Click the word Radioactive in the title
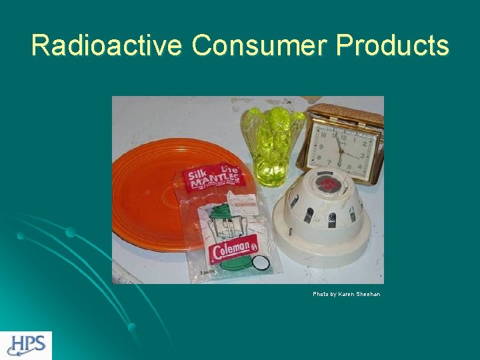(107, 45)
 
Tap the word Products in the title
(393, 45)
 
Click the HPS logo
(26, 345)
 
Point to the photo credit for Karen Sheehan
(347, 294)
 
